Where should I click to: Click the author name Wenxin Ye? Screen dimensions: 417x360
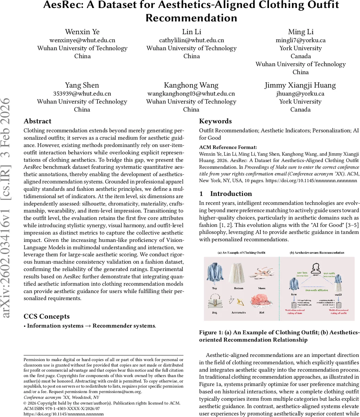pyautogui.click(x=82, y=32)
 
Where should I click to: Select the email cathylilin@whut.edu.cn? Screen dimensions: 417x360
pyautogui.click(x=191, y=40)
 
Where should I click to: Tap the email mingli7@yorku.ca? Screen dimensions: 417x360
pyautogui.click(x=300, y=40)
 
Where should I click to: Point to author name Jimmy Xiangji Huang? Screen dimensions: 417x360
pyautogui.click(x=300, y=85)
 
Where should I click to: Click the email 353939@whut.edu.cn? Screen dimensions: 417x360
pyautogui.click(x=82, y=93)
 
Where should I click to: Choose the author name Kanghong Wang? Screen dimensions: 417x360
pyautogui.click(x=191, y=85)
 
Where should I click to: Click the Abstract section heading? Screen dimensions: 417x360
pyautogui.click(x=37, y=121)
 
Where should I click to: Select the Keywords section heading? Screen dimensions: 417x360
pyautogui.click(x=215, y=121)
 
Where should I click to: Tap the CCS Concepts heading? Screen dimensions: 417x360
pyautogui.click(x=47, y=316)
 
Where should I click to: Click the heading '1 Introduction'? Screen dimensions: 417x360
pyautogui.click(x=226, y=194)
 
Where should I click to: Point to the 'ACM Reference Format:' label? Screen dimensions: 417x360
pyautogui.click(x=228, y=147)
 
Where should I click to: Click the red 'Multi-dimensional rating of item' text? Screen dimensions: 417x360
pyautogui.click(x=295, y=312)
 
